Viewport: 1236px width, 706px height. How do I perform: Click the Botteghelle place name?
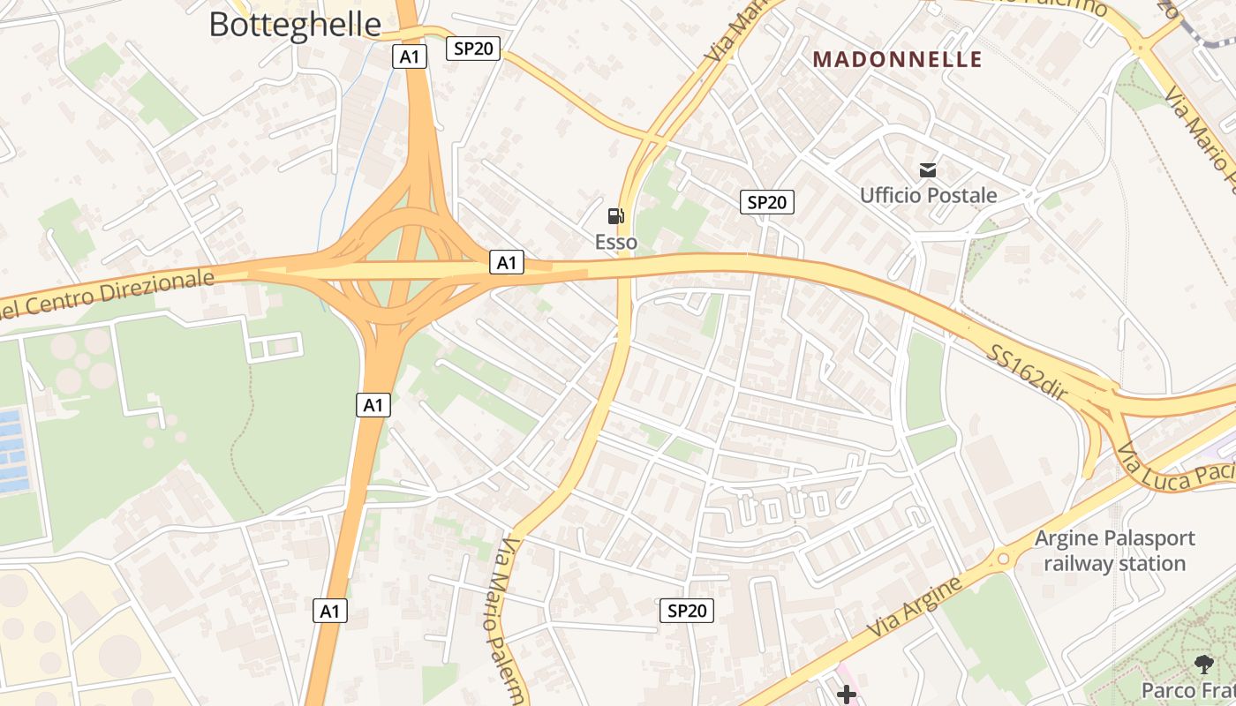coord(295,24)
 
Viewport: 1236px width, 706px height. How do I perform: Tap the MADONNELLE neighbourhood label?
coord(897,59)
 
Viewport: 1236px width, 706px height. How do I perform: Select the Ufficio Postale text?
coord(928,195)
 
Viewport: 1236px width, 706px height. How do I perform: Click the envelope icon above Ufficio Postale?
coord(928,170)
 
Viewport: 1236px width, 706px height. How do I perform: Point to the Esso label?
coord(616,242)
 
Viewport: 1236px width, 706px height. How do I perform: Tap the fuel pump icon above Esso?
coord(616,216)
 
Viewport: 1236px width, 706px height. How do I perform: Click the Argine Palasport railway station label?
coord(1114,551)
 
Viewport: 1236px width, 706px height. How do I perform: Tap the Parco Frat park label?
coord(1187,689)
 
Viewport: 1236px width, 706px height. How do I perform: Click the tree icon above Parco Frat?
coord(1203,665)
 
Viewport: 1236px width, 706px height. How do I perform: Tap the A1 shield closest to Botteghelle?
coord(410,56)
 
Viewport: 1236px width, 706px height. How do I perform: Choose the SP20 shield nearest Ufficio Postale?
coord(766,202)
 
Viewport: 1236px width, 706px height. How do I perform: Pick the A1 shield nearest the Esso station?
coord(507,262)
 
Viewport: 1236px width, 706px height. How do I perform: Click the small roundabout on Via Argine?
coord(1003,559)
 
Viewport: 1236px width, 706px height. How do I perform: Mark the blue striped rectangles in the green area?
coord(12,450)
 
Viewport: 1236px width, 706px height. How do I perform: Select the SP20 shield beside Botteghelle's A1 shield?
coord(472,49)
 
